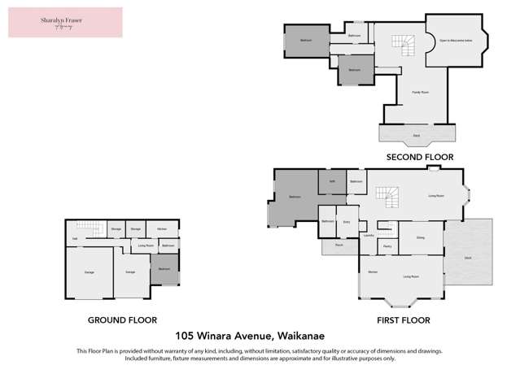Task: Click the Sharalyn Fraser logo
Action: click(65, 22)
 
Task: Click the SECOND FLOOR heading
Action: click(419, 157)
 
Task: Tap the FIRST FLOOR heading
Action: click(404, 320)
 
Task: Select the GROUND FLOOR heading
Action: click(122, 320)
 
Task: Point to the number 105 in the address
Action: click(188, 335)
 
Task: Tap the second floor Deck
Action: click(416, 134)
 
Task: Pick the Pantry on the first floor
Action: click(387, 245)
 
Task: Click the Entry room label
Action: click(347, 221)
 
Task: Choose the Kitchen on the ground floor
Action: click(162, 229)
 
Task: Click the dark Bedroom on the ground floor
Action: click(164, 268)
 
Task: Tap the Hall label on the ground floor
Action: click(75, 237)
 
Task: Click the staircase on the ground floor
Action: click(88, 227)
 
